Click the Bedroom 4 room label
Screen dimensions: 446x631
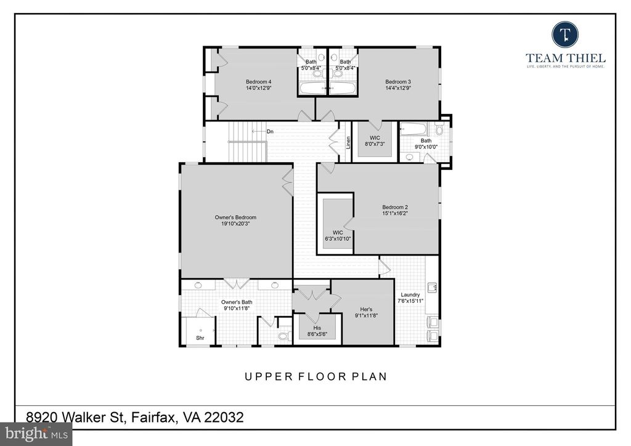pos(258,82)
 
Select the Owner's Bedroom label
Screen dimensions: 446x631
pos(235,217)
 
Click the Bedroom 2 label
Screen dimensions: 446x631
pos(395,207)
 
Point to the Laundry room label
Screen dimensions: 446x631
pos(410,294)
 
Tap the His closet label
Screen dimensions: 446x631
pos(317,328)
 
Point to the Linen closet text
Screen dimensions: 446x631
pos(348,142)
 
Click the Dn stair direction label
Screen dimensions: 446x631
pos(270,131)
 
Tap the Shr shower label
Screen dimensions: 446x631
pos(200,338)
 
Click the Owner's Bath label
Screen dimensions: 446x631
pos(237,302)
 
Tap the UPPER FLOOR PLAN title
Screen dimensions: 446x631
pos(315,376)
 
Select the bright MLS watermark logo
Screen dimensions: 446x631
pos(35,434)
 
